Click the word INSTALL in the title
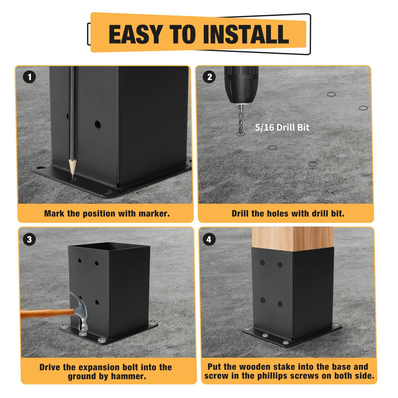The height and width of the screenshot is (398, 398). (x=246, y=34)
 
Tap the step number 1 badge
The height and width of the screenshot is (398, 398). (x=29, y=77)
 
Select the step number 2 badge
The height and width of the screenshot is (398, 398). (x=209, y=77)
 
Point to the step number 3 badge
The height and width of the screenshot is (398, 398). (x=30, y=239)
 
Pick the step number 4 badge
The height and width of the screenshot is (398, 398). (x=209, y=239)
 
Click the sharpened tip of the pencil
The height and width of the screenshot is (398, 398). (x=72, y=179)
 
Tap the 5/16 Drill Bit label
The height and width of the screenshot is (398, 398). (x=282, y=128)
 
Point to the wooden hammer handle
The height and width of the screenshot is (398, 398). (x=47, y=313)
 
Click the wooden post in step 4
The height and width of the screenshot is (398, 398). (x=292, y=239)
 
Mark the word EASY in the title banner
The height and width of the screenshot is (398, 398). (x=136, y=34)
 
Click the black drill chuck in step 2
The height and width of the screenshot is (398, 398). (x=241, y=85)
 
